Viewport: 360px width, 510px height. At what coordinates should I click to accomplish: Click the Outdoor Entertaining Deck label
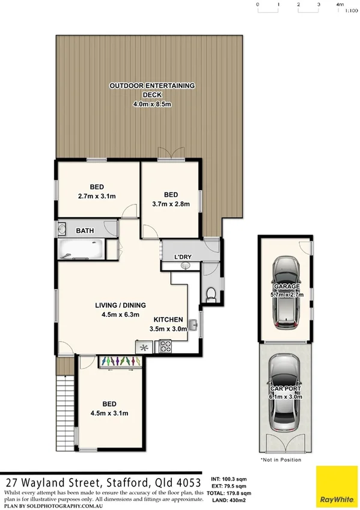(152, 86)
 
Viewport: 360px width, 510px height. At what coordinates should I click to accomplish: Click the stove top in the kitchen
(164, 346)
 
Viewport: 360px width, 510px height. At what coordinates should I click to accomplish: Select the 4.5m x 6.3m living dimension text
(120, 313)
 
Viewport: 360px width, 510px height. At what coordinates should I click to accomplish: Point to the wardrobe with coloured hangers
(120, 360)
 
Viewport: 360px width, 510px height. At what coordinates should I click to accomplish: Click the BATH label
(84, 230)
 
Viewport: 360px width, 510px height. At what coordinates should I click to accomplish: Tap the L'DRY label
(183, 257)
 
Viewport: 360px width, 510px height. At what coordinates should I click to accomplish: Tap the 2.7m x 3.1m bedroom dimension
(97, 196)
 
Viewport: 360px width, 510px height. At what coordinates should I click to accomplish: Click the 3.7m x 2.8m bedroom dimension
(171, 203)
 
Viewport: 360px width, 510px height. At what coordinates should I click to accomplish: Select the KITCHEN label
(168, 319)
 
